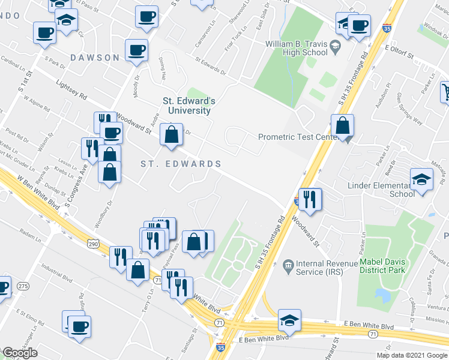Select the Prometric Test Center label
tap(295, 137)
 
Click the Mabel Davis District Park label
tap(383, 266)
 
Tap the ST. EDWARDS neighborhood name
tap(181, 164)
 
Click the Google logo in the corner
tap(20, 353)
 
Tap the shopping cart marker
tap(445, 92)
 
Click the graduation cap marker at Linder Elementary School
tap(421, 179)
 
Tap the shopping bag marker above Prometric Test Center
tap(342, 125)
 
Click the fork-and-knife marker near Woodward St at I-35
tap(310, 199)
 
